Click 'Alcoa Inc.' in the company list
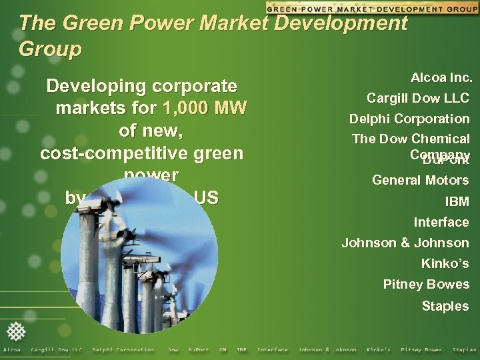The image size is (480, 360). pyautogui.click(x=441, y=78)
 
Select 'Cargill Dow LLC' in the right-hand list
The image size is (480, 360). pyautogui.click(x=418, y=99)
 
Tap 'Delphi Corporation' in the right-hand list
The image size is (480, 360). pyautogui.click(x=409, y=119)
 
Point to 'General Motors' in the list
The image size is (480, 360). pyautogui.click(x=420, y=180)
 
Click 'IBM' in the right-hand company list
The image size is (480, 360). pyautogui.click(x=457, y=201)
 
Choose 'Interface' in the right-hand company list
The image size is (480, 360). pyautogui.click(x=441, y=222)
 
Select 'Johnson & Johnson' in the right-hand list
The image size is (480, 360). pyautogui.click(x=405, y=243)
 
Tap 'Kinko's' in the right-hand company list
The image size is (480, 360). pyautogui.click(x=445, y=264)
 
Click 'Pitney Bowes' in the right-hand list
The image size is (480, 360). pyautogui.click(x=426, y=285)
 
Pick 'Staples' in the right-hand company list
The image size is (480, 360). pyautogui.click(x=445, y=306)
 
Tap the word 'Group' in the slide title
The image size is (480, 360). pyautogui.click(x=51, y=49)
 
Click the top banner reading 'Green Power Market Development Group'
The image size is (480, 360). pyautogui.click(x=371, y=8)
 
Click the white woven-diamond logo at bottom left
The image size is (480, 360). pyautogui.click(x=17, y=332)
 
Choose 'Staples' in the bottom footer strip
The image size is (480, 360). pyautogui.click(x=465, y=350)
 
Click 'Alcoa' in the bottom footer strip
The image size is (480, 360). pyautogui.click(x=12, y=350)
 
